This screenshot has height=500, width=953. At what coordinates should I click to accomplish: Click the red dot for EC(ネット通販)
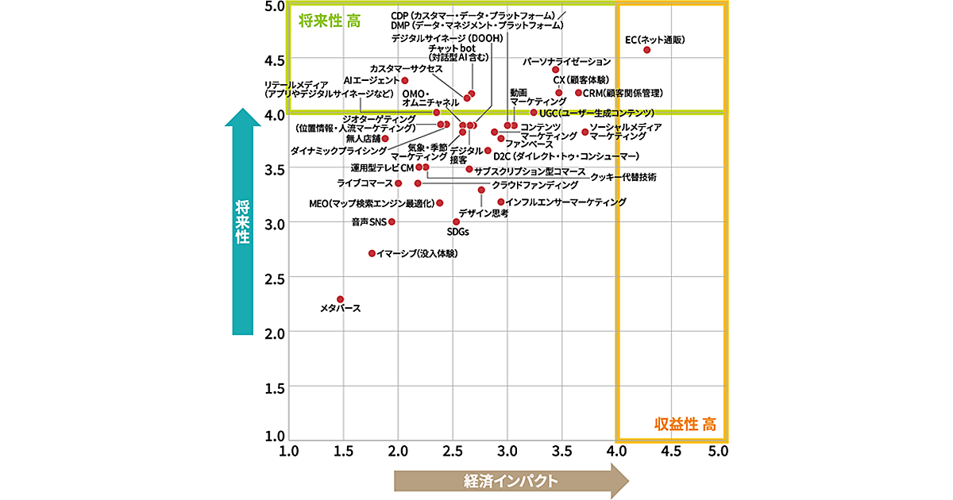[x=647, y=50]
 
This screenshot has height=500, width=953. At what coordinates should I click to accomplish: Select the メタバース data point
[x=340, y=299]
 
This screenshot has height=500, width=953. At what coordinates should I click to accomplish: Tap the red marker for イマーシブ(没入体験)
[x=372, y=253]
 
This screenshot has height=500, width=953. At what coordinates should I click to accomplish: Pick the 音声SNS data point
[x=392, y=221]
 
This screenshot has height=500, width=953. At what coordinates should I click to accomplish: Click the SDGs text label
[x=458, y=233]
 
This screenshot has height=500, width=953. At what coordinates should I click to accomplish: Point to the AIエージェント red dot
[x=405, y=80]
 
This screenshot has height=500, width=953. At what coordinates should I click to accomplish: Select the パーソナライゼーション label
[x=566, y=61]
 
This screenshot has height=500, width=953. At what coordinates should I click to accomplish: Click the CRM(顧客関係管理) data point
[x=578, y=93]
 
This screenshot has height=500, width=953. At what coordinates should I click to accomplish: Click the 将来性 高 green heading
[x=330, y=21]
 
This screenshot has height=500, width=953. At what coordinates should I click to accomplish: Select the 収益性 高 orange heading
[x=685, y=424]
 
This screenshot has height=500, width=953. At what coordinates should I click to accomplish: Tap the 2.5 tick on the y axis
[x=274, y=278]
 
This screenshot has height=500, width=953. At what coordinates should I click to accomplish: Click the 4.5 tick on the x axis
[x=670, y=452]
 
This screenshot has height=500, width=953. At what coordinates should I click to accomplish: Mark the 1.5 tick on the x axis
[x=343, y=452]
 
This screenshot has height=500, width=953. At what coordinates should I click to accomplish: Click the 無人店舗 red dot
[x=385, y=138]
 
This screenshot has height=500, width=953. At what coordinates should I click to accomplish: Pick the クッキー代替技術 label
[x=623, y=176]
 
